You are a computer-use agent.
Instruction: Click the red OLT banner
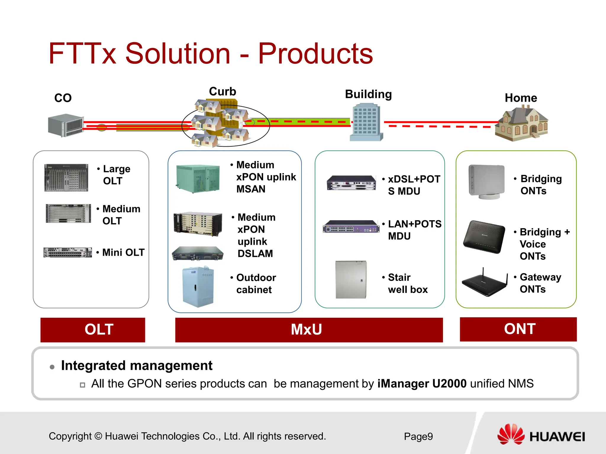93,330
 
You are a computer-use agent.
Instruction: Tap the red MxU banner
309,330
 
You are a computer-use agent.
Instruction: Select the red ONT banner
518,329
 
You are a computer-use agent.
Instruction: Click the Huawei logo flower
510,434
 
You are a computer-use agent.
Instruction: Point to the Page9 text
418,437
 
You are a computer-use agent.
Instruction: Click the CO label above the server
63,98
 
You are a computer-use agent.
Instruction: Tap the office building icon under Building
366,122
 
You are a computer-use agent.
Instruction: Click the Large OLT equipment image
66,178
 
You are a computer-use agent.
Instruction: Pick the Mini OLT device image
68,252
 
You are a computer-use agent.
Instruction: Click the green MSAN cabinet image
198,179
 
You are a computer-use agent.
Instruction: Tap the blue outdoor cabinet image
198,286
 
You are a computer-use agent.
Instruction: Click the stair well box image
351,280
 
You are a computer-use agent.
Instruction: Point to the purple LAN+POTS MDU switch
351,227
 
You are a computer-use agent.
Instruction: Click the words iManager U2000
422,384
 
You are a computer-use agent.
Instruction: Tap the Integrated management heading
137,366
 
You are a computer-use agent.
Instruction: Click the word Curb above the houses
223,91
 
